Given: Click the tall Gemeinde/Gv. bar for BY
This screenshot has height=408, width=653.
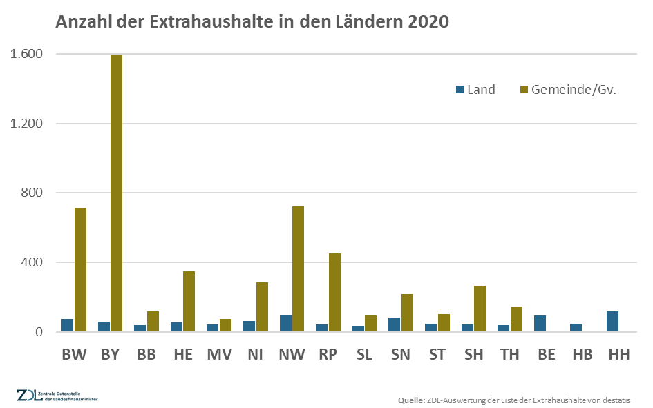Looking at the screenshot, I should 116,193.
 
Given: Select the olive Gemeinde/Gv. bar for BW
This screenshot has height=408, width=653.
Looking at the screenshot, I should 80,270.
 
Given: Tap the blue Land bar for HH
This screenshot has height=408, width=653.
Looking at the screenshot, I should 613,322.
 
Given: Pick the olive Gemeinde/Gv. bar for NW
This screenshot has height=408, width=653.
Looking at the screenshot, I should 299,269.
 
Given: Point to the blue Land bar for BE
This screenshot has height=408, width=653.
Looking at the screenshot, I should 540,324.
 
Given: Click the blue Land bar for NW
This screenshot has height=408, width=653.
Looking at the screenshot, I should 285,323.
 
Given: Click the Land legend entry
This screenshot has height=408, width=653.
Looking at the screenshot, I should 475,90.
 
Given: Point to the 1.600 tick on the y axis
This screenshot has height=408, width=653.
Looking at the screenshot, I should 26,54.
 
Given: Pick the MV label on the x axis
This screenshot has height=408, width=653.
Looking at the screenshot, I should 219,354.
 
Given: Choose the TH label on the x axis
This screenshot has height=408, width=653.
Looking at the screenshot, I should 509,354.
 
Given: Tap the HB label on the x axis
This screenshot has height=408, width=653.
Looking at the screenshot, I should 582,354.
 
